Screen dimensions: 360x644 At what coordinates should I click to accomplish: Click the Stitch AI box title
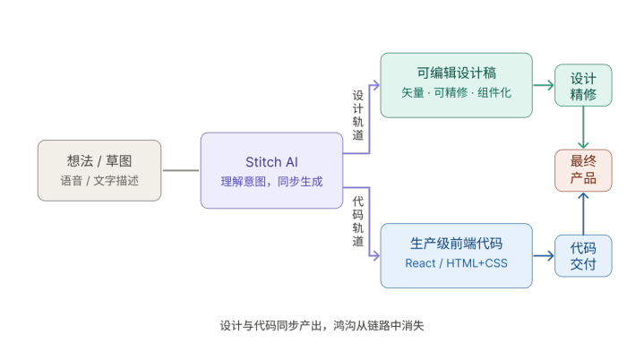271,161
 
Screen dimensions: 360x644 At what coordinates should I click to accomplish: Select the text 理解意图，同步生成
271,181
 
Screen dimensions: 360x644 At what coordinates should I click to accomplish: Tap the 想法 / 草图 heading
99,161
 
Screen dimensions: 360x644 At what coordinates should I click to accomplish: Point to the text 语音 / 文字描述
99,181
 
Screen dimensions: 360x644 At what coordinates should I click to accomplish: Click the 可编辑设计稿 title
456,73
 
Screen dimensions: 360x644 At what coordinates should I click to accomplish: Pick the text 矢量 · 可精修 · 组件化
456,93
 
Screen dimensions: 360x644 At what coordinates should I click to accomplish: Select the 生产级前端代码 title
456,244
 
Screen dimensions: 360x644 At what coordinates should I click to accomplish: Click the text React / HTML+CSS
456,263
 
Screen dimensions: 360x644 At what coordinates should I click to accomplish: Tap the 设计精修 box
583,86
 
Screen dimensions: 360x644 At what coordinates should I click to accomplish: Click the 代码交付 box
583,255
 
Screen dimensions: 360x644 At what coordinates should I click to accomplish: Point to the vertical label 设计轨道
358,115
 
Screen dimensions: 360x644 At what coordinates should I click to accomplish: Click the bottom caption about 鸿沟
322,326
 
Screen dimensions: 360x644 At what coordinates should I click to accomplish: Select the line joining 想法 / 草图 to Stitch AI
181,170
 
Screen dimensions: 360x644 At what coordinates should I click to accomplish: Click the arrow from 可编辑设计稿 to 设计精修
544,86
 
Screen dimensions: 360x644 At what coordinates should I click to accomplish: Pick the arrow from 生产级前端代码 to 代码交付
544,256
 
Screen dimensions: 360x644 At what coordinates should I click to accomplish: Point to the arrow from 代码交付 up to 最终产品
583,212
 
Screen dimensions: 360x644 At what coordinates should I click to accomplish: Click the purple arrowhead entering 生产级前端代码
376,256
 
